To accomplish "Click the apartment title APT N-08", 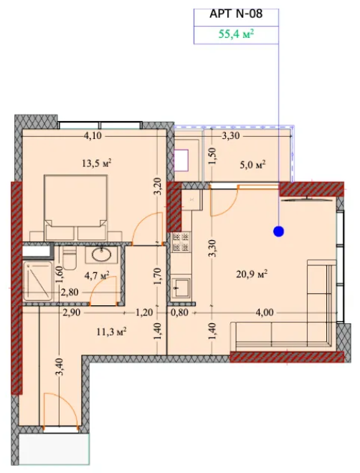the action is point(236,14).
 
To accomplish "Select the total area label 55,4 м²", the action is point(236,34).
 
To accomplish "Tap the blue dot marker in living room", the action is point(278,231).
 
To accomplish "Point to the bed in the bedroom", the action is point(75,208).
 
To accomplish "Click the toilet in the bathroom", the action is point(70,258).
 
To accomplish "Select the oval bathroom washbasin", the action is point(102,255).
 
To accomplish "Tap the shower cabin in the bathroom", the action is point(37,281).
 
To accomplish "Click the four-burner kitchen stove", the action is point(181,242).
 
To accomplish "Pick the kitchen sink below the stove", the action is point(181,287).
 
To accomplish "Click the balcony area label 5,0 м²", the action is point(252,166).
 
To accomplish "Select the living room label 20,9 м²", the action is point(252,274).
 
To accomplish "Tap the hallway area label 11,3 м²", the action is point(111,332).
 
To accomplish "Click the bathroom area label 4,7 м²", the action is point(97,275).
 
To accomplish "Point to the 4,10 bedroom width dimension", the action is point(93,136).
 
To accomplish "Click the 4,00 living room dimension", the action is point(265,312).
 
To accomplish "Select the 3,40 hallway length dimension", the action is point(59,366).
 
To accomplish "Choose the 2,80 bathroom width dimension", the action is point(70,292).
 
